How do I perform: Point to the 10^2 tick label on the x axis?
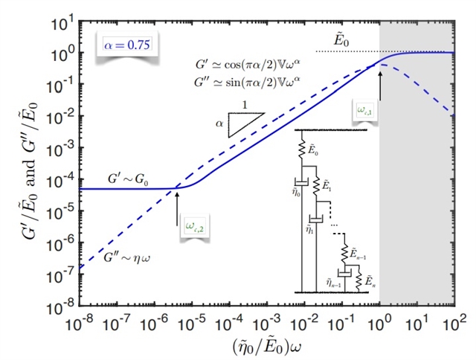pos(454,324)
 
